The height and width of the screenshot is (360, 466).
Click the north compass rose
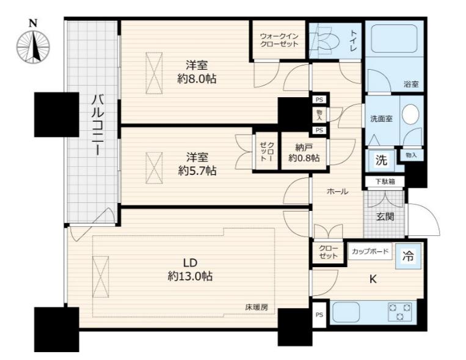click(33, 48)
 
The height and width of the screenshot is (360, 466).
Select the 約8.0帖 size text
click(197, 79)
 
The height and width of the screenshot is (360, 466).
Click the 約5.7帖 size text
click(197, 171)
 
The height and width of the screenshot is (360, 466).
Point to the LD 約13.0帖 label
click(190, 270)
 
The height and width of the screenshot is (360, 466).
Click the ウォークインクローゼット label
click(279, 40)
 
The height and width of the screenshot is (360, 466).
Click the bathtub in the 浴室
click(394, 38)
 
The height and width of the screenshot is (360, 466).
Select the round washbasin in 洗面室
click(410, 114)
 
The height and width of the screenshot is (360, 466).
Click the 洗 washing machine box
click(381, 160)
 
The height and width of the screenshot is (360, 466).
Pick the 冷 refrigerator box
click(408, 256)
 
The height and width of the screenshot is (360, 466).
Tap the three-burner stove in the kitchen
click(400, 312)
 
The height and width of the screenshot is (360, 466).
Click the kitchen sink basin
click(346, 312)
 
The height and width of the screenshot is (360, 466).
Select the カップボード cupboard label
click(370, 251)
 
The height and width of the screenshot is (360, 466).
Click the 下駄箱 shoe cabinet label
click(385, 181)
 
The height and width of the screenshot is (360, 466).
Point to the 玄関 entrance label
click(385, 216)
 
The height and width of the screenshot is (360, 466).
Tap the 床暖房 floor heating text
click(256, 307)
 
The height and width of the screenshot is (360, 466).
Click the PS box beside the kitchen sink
click(319, 315)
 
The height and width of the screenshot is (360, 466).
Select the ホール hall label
click(337, 191)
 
